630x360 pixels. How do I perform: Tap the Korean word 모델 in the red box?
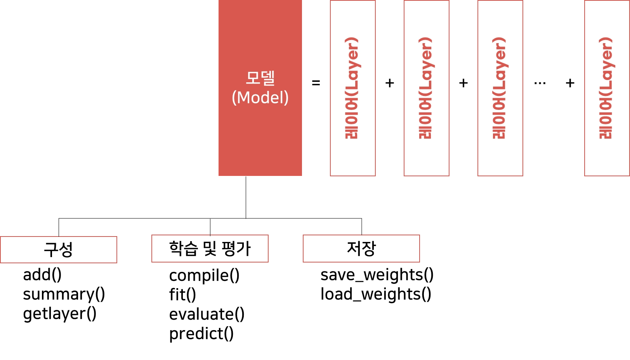point(260,78)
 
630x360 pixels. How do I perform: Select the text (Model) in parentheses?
point(260,97)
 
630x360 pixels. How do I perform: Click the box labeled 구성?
point(59,250)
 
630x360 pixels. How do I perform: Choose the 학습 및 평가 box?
point(210,249)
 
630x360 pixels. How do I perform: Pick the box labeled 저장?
point(361,249)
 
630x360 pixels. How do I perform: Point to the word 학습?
point(184,249)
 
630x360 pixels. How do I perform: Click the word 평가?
point(236,249)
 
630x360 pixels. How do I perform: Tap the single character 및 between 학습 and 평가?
point(210,249)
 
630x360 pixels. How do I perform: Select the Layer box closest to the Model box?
point(352,89)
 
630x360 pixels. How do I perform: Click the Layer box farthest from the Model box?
point(607,89)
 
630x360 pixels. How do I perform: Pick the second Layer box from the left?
point(427,89)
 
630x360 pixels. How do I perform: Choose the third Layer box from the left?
point(500,89)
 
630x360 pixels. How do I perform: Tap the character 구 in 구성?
point(51,250)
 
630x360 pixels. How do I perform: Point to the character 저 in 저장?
point(354,249)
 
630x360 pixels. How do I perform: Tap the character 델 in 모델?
point(268,78)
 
